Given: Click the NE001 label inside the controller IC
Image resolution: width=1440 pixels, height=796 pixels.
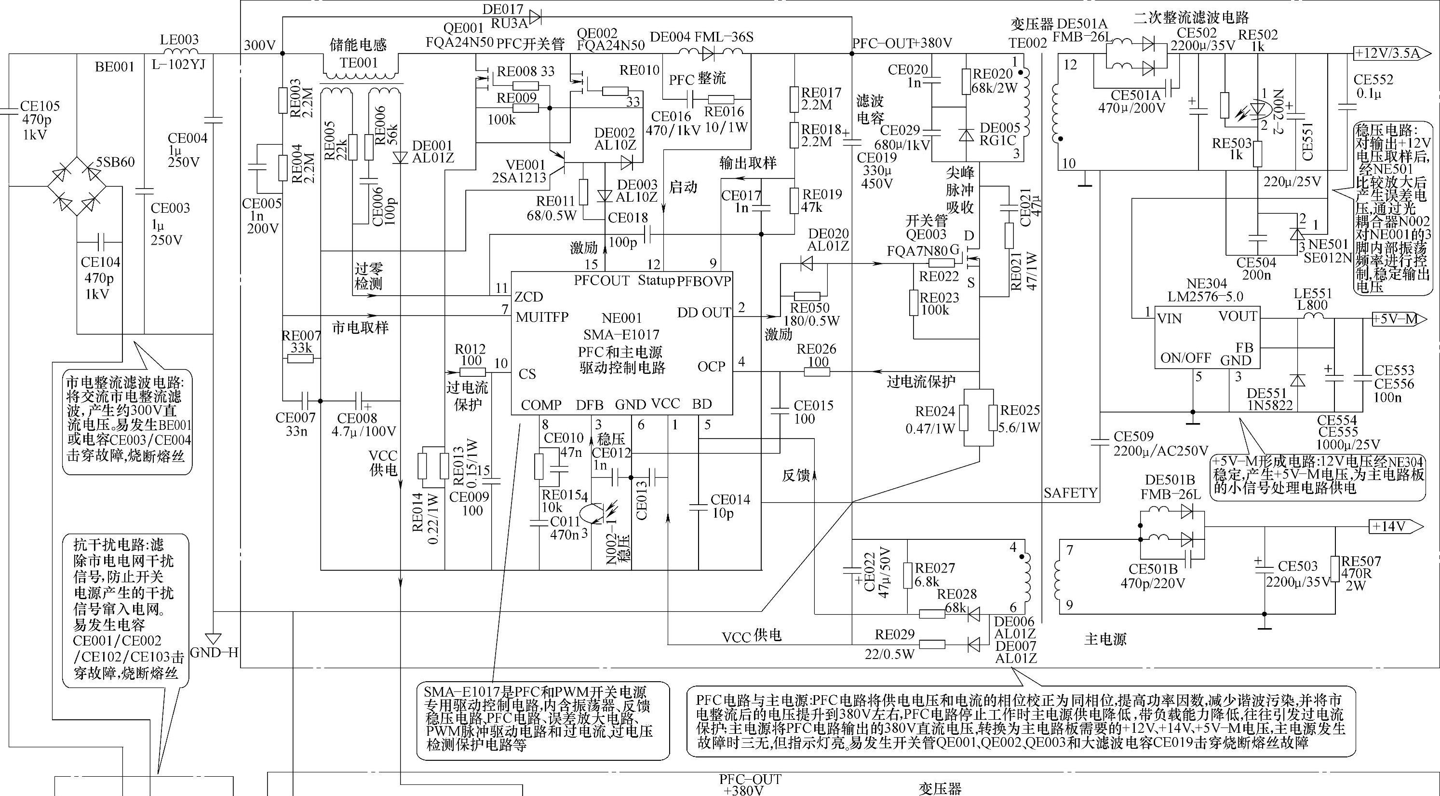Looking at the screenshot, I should tap(621, 319).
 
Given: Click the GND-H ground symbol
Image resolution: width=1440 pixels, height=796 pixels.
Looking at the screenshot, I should tap(214, 639).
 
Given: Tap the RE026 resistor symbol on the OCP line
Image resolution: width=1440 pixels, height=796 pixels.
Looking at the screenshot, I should tap(817, 372).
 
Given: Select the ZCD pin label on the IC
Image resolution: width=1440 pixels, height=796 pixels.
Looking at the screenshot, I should tap(529, 297).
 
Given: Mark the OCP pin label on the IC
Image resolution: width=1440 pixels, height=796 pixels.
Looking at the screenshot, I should tap(711, 367).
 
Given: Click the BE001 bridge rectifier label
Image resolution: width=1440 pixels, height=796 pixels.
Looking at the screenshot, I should tap(115, 67).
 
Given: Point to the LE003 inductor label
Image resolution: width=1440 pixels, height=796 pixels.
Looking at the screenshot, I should tap(179, 40).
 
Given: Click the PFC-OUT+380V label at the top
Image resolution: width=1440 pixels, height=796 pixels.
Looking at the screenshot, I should tap(902, 43).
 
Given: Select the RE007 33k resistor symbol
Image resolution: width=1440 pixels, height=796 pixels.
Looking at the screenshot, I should tap(300, 358).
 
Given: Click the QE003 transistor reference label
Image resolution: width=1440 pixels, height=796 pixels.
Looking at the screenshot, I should tap(926, 234).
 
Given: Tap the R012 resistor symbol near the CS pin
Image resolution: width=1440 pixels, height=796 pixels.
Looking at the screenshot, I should tap(472, 372).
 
